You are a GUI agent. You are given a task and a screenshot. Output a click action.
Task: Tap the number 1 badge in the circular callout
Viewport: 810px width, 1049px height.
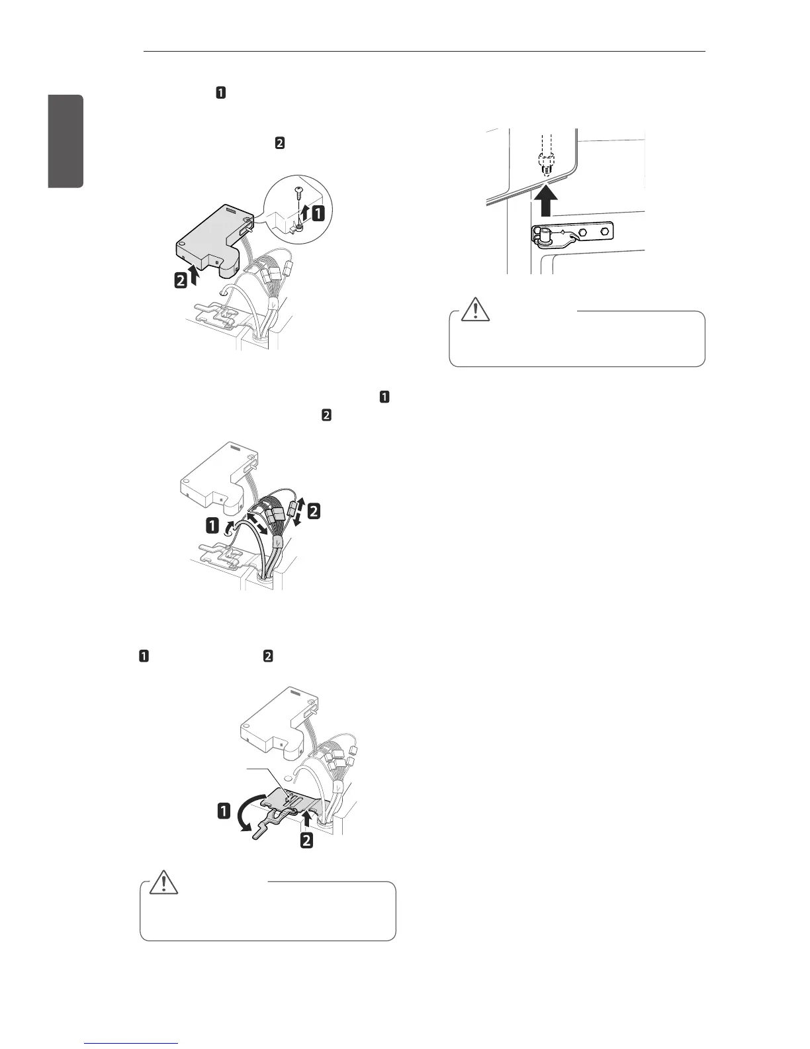point(318,214)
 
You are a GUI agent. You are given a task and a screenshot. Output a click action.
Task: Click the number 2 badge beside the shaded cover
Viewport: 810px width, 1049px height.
point(180,281)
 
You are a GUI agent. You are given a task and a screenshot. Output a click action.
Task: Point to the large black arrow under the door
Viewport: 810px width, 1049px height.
point(545,201)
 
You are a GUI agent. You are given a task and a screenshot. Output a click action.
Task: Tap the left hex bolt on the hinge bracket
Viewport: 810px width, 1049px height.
point(582,233)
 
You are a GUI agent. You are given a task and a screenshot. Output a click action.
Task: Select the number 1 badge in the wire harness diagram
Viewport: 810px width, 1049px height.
point(212,526)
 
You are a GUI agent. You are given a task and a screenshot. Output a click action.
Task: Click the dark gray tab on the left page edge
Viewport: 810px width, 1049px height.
point(65,141)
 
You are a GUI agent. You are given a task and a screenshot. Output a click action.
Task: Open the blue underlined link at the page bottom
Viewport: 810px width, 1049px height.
point(132,1044)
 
